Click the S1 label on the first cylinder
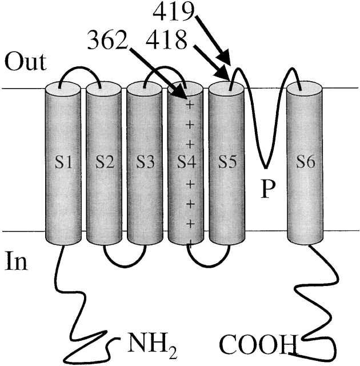(61, 162)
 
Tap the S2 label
(103, 162)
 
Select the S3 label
(145, 162)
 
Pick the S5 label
(227, 162)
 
